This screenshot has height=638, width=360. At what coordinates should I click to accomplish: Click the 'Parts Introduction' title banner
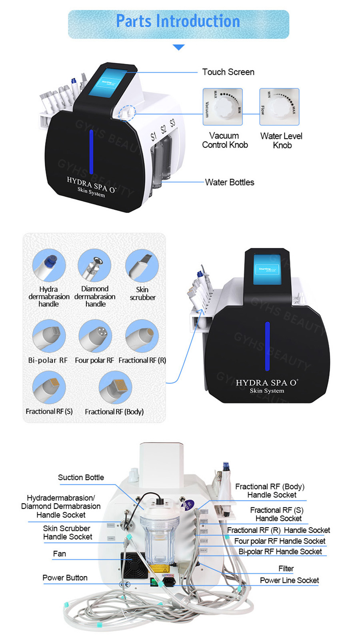point(178,22)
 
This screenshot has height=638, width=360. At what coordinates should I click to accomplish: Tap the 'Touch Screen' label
point(228,72)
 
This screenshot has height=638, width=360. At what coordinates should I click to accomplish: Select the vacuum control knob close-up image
point(223,107)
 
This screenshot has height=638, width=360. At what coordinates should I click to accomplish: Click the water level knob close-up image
point(279,107)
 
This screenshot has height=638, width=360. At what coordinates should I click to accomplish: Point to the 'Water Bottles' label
point(229,182)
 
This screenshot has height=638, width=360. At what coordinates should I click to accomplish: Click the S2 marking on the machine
point(163,129)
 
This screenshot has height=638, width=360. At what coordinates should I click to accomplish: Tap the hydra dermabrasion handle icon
point(49,265)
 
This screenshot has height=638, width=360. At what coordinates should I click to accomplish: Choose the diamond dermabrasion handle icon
point(95,265)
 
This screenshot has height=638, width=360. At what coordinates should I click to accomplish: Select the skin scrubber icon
point(142,265)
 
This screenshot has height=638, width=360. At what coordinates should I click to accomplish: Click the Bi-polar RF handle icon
point(49,336)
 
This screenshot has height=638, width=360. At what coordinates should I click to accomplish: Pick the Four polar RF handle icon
point(95,336)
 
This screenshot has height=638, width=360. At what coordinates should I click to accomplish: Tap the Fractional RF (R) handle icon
point(142,336)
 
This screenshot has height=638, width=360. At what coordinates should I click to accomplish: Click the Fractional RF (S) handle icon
point(49,387)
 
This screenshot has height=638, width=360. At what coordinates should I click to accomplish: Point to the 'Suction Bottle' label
point(81,477)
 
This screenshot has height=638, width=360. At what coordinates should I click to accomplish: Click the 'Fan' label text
point(59,554)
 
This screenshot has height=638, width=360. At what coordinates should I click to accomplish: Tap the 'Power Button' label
point(65,578)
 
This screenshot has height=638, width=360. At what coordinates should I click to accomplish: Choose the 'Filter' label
point(286,568)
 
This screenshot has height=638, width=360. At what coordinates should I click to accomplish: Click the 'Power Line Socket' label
point(289,580)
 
